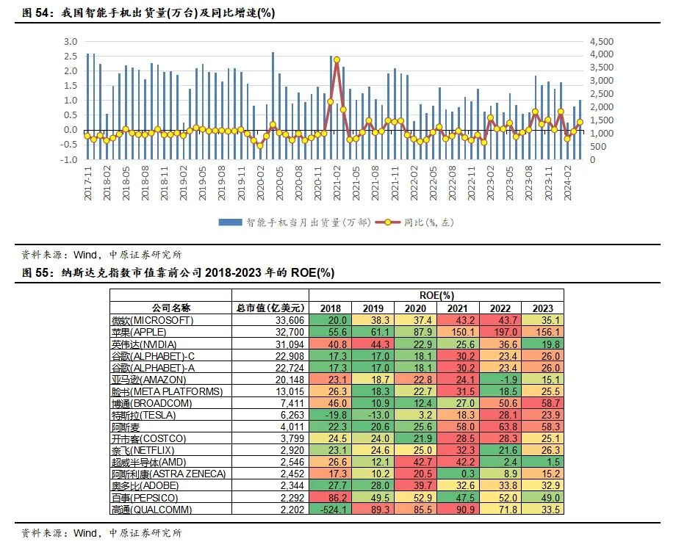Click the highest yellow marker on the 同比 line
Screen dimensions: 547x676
[337, 59]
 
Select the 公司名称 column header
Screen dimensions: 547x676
[171, 308]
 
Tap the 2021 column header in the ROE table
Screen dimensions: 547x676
[457, 308]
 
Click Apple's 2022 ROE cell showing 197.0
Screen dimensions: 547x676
[500, 332]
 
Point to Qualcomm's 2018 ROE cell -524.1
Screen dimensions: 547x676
[331, 509]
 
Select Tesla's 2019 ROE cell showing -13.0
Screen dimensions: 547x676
[373, 415]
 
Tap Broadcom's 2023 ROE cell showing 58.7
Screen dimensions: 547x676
[542, 403]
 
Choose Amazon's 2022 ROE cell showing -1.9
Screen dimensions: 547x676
[500, 380]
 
